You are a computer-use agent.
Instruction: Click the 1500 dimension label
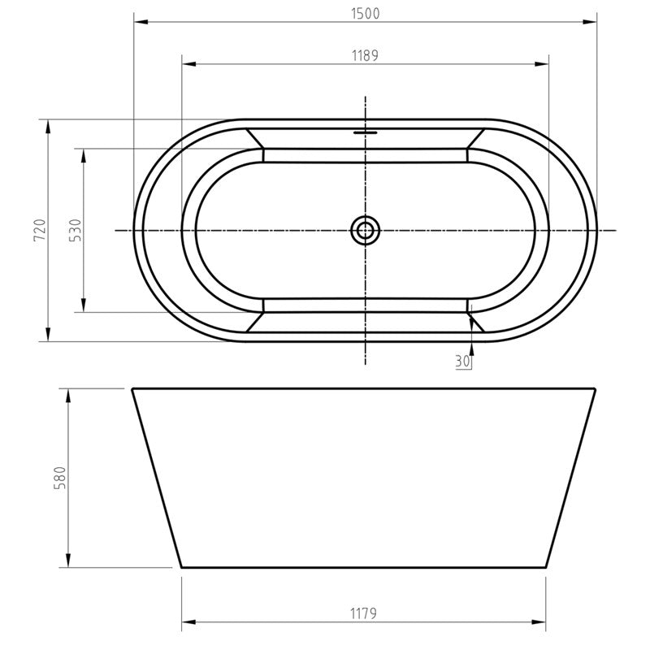click(x=366, y=13)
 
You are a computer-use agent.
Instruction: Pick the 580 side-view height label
click(x=58, y=478)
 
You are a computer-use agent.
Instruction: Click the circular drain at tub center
click(x=366, y=230)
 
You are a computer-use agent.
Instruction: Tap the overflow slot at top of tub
click(x=366, y=130)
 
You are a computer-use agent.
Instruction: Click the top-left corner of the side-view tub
click(x=133, y=389)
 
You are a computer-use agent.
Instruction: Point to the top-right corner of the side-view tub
click(x=596, y=389)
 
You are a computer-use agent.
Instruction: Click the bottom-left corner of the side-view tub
click(x=180, y=565)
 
